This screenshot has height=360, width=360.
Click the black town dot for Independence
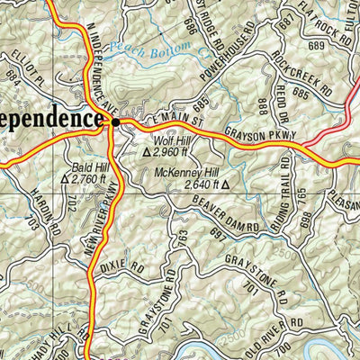click(x=113, y=118)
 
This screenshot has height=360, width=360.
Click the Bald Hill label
click(x=88, y=167)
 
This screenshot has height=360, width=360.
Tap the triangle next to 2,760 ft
click(x=64, y=179)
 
